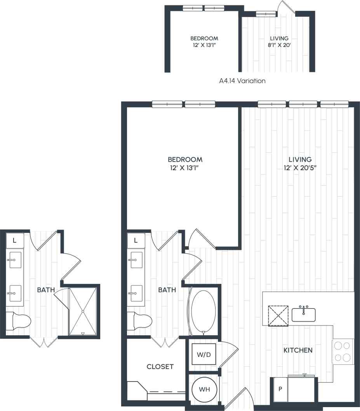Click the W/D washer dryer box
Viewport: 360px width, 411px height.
[x=204, y=354]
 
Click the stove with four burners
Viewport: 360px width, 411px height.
[x=343, y=352]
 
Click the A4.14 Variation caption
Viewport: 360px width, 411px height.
[x=242, y=81]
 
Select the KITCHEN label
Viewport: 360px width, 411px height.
[x=298, y=350]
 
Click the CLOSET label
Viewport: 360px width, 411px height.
[x=160, y=366]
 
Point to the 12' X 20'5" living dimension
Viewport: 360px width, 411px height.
[x=300, y=168]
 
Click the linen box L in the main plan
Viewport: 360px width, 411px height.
[x=136, y=240]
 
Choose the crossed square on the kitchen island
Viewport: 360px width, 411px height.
[x=278, y=315]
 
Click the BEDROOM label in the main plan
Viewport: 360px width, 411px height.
[x=185, y=159]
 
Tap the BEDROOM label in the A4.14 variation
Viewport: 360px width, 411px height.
[x=204, y=38]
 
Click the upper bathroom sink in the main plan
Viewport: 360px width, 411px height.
[x=136, y=259]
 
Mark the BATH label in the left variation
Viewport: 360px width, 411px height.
[x=46, y=290]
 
